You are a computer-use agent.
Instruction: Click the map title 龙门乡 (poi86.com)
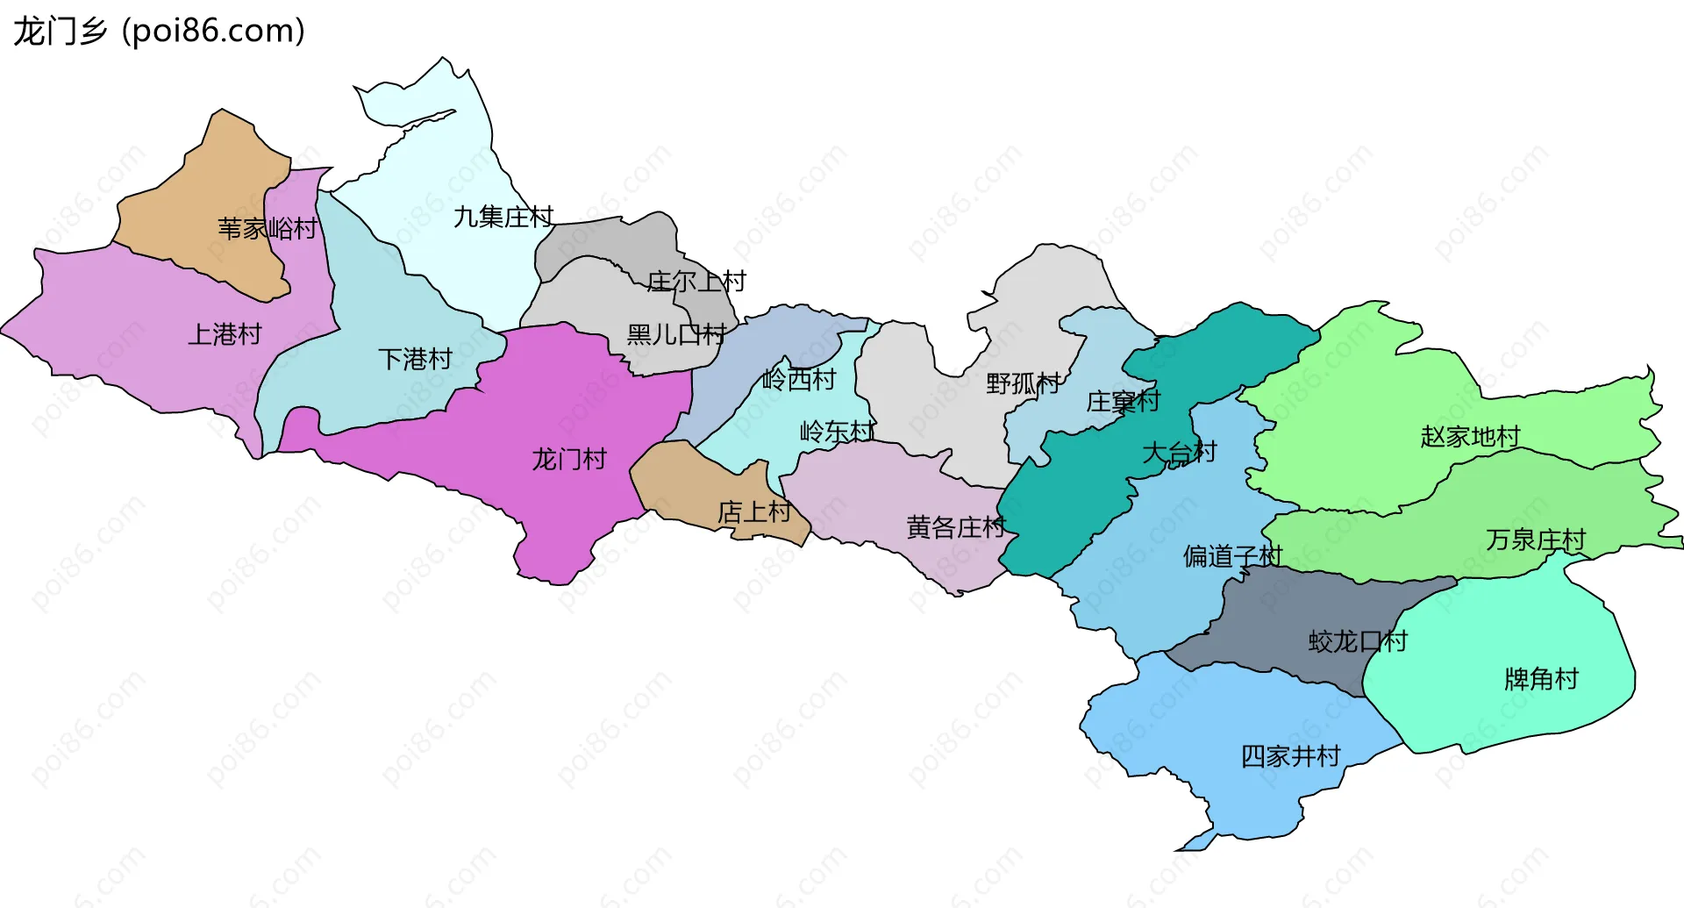point(159,31)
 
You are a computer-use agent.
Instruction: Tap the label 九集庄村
point(503,217)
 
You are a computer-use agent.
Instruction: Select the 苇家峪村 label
point(268,229)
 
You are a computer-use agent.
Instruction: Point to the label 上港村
point(225,334)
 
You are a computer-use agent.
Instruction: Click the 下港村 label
point(415,359)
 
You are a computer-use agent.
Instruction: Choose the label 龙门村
point(569,459)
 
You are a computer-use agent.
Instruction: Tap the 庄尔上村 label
point(696,282)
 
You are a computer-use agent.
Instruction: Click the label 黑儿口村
point(676,334)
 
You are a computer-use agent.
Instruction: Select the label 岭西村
point(799,380)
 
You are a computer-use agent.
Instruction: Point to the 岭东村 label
point(838,432)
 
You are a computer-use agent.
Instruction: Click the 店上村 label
point(754,511)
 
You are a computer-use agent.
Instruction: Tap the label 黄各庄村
point(956,527)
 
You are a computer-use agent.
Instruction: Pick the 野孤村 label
point(1024,383)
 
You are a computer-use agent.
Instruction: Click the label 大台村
point(1180,453)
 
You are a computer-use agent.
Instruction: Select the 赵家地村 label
point(1470,436)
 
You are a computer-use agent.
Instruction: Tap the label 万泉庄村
point(1536,540)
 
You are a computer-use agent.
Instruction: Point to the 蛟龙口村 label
point(1358,641)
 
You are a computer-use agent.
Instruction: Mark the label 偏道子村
point(1232,556)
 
